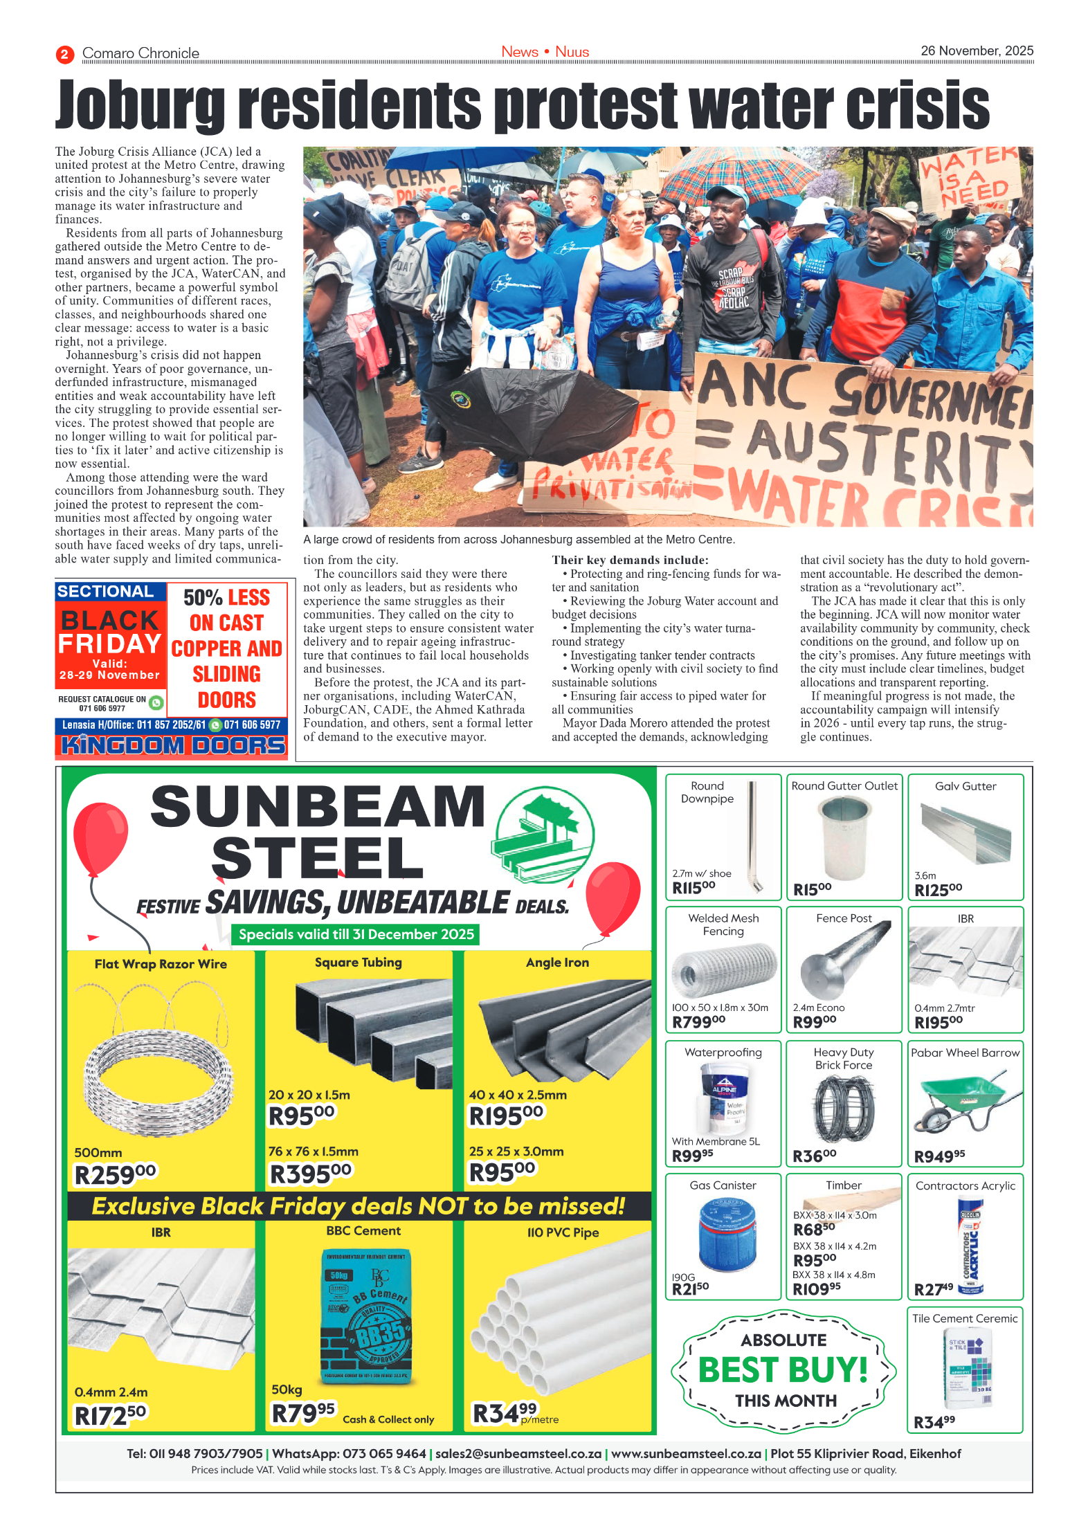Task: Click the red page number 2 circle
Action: pos(64,54)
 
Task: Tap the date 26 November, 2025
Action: pos(976,51)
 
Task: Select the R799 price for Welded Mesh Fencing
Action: pos(698,1021)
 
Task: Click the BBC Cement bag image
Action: pos(365,1315)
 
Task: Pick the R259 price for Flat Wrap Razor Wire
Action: pos(115,1174)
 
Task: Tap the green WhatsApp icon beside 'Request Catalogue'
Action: pos(156,702)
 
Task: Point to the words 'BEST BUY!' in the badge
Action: pos(783,1369)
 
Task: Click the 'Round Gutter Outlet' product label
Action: pos(844,786)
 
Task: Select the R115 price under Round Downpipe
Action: pos(693,887)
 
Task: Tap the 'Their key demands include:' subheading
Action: pos(630,560)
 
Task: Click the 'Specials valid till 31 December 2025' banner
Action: pos(356,934)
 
